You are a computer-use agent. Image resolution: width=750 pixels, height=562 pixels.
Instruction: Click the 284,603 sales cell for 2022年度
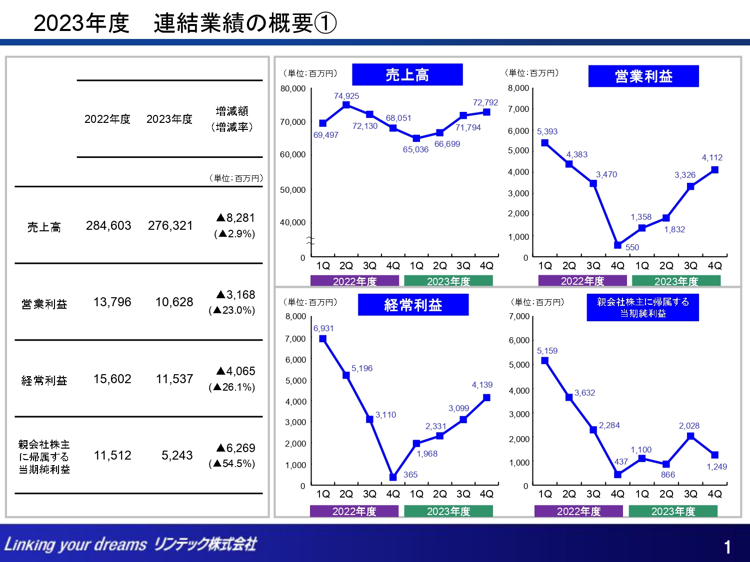point(108,226)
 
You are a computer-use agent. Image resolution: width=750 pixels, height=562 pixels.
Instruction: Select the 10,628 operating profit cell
point(174,302)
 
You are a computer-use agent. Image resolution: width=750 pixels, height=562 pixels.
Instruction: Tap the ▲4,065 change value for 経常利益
point(235,371)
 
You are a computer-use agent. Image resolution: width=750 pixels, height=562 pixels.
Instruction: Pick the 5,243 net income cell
point(177,456)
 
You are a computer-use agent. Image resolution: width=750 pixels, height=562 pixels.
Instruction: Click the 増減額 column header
point(232,111)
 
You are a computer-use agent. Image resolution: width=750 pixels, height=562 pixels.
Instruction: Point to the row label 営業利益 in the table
point(44,304)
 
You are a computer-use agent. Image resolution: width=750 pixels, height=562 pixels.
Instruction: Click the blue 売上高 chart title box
point(407,75)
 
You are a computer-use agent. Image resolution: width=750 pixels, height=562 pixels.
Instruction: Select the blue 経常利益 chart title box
point(413,305)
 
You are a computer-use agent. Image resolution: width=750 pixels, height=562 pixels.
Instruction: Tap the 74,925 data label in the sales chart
point(346,96)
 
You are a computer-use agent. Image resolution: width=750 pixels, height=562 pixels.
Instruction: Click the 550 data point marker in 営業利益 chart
point(618,245)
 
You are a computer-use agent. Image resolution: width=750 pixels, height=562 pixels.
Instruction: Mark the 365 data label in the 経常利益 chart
point(410,475)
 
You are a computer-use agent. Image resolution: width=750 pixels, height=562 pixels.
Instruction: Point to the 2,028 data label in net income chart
point(689,426)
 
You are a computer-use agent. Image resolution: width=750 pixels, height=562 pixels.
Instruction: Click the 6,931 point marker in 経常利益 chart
point(323,339)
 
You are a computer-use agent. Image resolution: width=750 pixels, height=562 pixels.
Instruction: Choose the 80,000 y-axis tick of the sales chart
point(292,89)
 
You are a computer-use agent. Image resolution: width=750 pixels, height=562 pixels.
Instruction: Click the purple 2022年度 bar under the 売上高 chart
point(354,281)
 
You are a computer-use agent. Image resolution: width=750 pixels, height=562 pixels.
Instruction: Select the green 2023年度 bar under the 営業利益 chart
point(676,281)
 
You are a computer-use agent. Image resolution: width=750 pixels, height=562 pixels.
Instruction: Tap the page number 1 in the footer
point(727,548)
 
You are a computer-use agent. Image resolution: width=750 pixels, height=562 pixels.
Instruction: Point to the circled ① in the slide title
point(326,23)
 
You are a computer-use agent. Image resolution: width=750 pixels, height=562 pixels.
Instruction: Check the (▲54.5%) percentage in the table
point(232,464)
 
